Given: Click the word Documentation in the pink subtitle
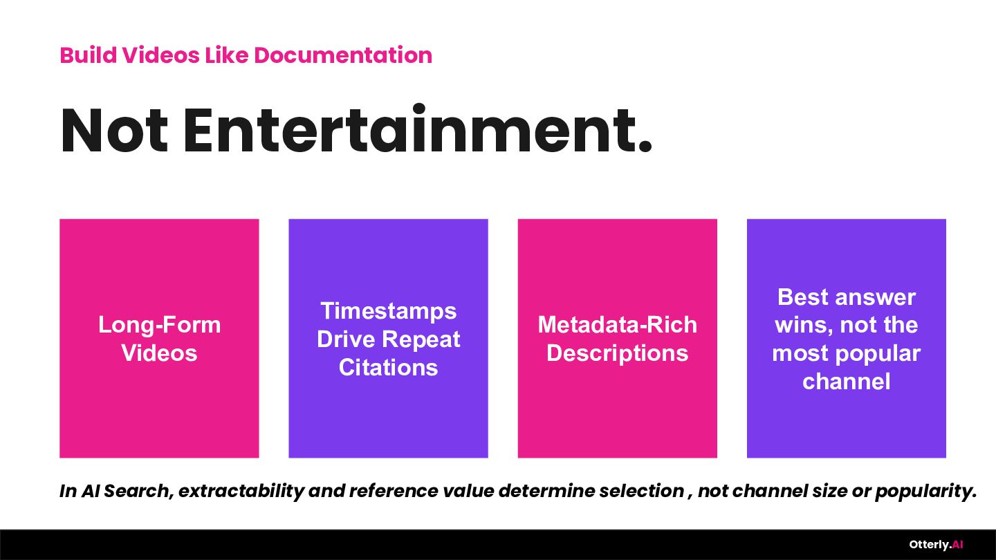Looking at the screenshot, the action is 343,55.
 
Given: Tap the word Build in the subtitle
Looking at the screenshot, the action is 89,55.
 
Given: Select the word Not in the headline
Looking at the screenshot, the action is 114,131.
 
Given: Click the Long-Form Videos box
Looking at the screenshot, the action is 159,338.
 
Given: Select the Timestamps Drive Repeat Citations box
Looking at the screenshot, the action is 388,338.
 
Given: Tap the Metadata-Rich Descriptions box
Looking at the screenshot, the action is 617,338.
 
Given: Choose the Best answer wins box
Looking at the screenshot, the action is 846,338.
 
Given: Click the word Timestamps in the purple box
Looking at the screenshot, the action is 388,311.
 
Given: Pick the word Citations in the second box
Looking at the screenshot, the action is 388,368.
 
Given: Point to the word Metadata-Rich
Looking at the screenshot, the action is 617,324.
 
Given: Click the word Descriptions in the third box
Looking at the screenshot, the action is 617,354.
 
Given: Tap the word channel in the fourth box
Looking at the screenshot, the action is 846,382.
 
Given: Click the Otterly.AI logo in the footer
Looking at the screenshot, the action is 936,545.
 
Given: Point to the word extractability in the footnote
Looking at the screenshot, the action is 241,491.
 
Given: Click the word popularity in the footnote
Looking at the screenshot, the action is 925,492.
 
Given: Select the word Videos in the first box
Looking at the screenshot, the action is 159,353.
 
